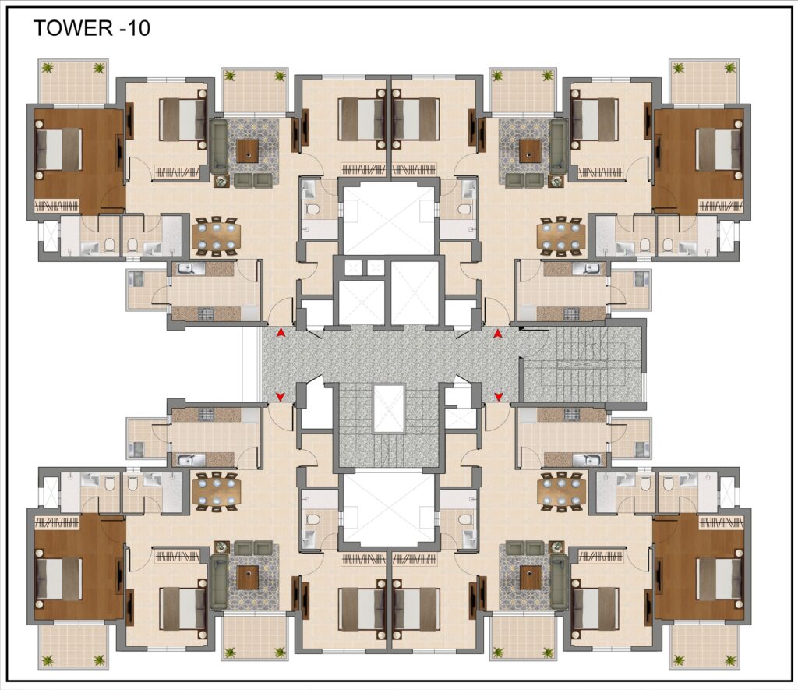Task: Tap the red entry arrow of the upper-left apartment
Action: coord(280,332)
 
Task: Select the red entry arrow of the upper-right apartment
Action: coord(498,332)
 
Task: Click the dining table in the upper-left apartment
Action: coord(217,235)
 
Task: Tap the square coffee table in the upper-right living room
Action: coord(529,150)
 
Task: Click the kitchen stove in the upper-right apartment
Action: coord(571,313)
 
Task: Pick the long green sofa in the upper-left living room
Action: coord(219,146)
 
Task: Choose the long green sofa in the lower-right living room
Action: coord(558,582)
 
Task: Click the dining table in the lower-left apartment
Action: coord(217,491)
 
